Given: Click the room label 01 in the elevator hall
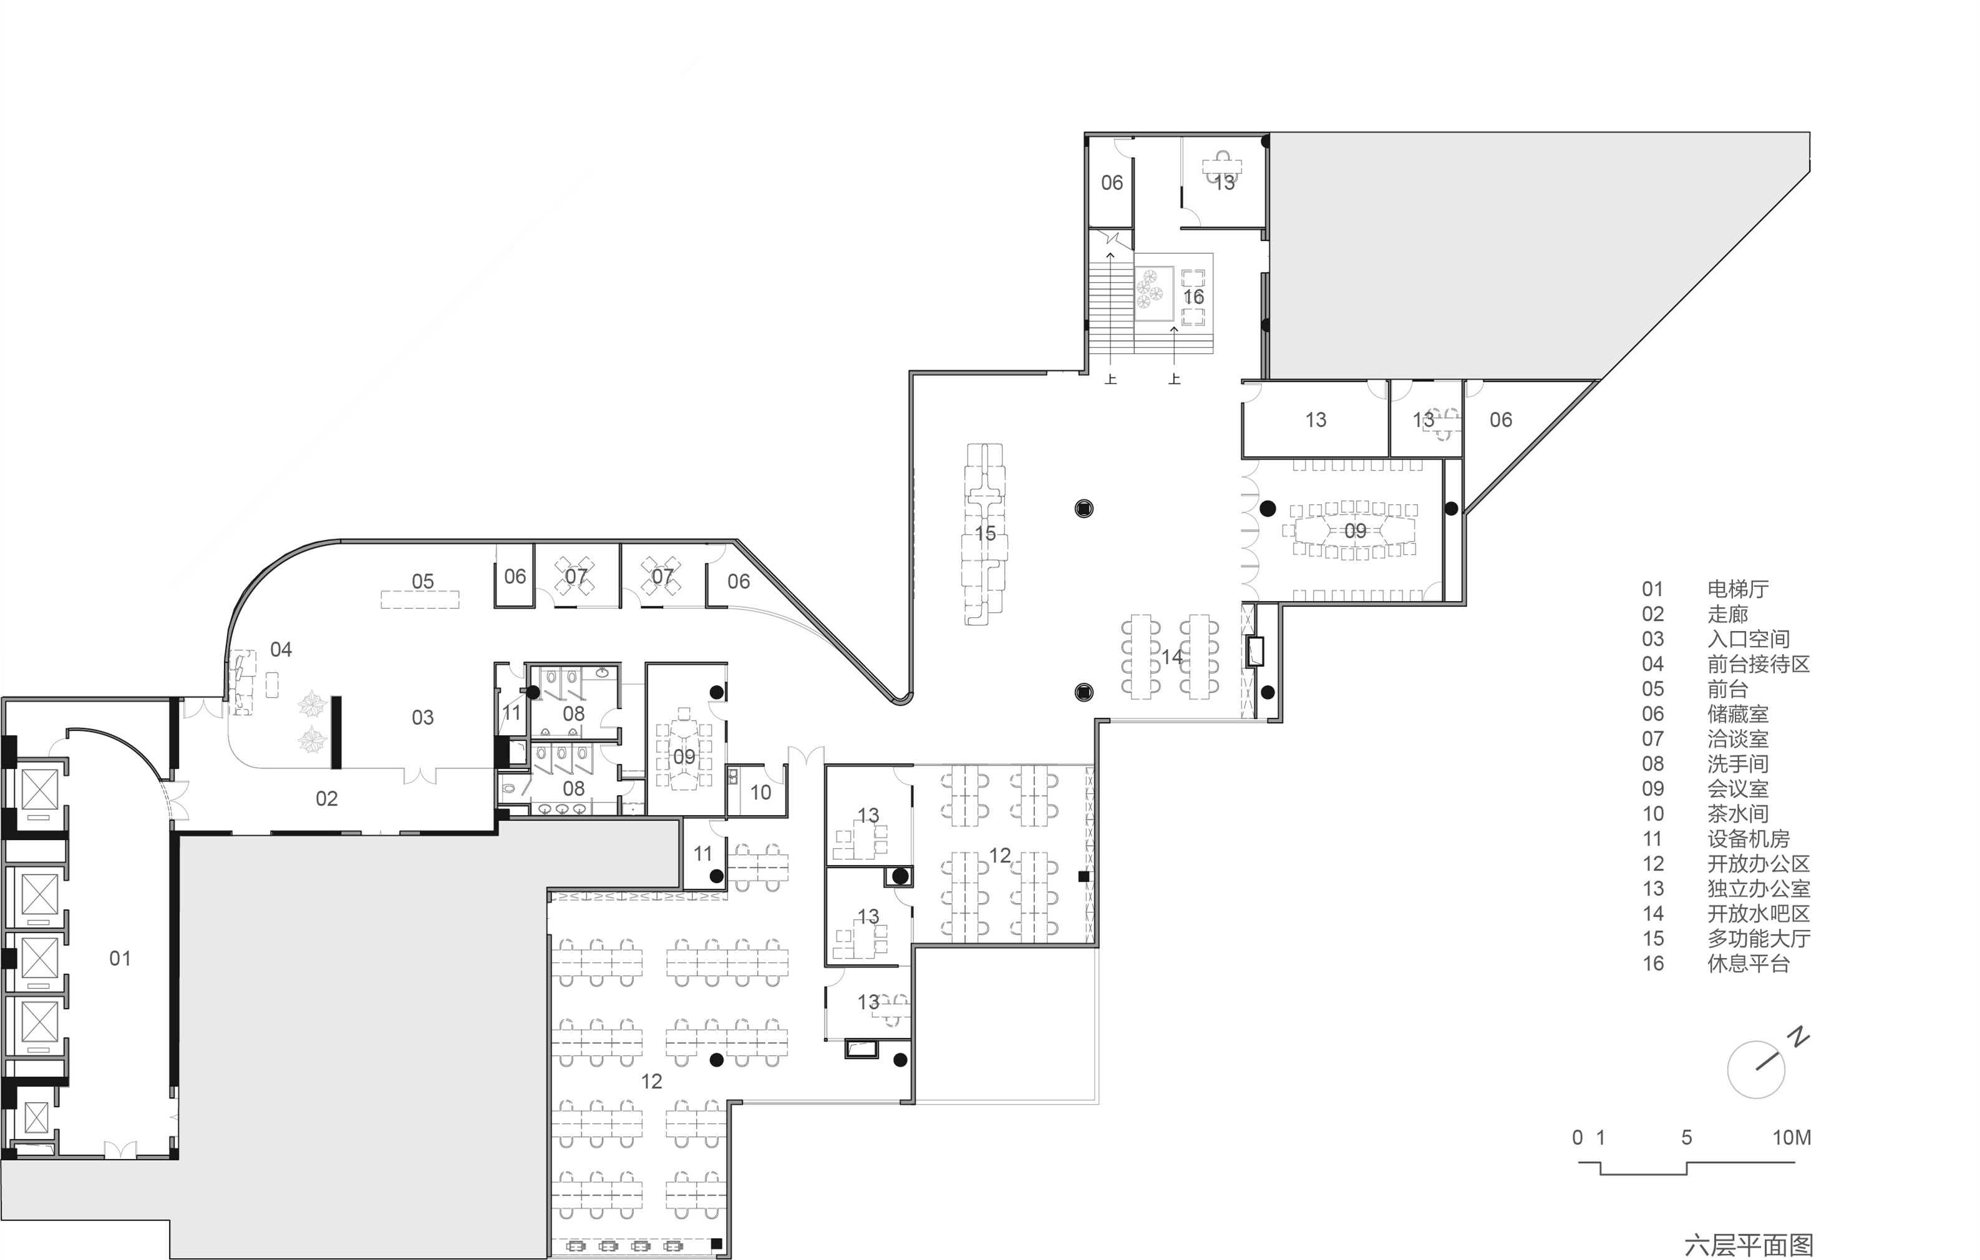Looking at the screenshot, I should [x=120, y=958].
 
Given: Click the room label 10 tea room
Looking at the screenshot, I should [x=760, y=793].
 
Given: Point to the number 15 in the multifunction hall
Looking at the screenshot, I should [x=985, y=534].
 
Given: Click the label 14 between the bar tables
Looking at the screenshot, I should [x=1172, y=657].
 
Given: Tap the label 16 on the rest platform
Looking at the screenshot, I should [x=1193, y=297].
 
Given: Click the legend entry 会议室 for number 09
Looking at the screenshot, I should [x=1737, y=789].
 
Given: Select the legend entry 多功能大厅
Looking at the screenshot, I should [x=1758, y=939].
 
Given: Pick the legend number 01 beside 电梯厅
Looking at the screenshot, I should [x=1652, y=590].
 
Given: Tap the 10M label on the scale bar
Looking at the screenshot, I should [x=1792, y=1138].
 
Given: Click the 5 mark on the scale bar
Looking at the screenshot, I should [x=1686, y=1138].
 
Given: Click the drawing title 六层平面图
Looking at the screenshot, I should [x=1748, y=1245].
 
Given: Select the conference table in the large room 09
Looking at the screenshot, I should [x=1354, y=531].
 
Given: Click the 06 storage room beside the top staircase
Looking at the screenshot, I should [x=1112, y=183].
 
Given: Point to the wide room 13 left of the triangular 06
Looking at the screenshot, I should [x=1316, y=420].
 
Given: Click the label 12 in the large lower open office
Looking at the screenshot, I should [x=651, y=1082].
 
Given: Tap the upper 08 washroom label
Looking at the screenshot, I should [x=574, y=714].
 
